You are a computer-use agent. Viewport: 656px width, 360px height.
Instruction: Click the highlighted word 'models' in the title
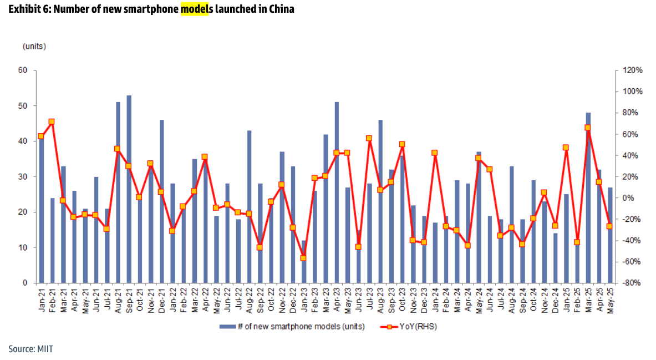194,9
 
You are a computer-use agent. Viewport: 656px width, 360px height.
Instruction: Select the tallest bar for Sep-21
129,189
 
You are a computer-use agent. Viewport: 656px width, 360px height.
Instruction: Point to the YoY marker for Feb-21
52,121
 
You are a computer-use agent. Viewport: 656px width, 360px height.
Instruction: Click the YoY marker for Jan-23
303,258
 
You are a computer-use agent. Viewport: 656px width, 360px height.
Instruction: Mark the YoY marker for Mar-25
588,128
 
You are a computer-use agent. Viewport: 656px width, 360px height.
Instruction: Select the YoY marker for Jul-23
369,138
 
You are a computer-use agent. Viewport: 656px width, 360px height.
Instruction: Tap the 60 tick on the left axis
23,70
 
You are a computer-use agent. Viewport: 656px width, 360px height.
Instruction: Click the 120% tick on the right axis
632,70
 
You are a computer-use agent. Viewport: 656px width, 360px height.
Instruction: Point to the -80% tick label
632,283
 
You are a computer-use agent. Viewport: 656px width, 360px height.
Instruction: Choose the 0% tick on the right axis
627,198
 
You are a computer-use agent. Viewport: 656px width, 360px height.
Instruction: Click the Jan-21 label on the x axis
42,300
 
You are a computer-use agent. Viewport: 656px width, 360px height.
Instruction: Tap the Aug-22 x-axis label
249,300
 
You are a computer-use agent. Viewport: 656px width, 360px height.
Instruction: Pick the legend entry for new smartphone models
292,327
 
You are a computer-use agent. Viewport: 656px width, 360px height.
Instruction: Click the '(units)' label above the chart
34,46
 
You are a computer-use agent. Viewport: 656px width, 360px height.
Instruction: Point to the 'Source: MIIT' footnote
30,349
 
